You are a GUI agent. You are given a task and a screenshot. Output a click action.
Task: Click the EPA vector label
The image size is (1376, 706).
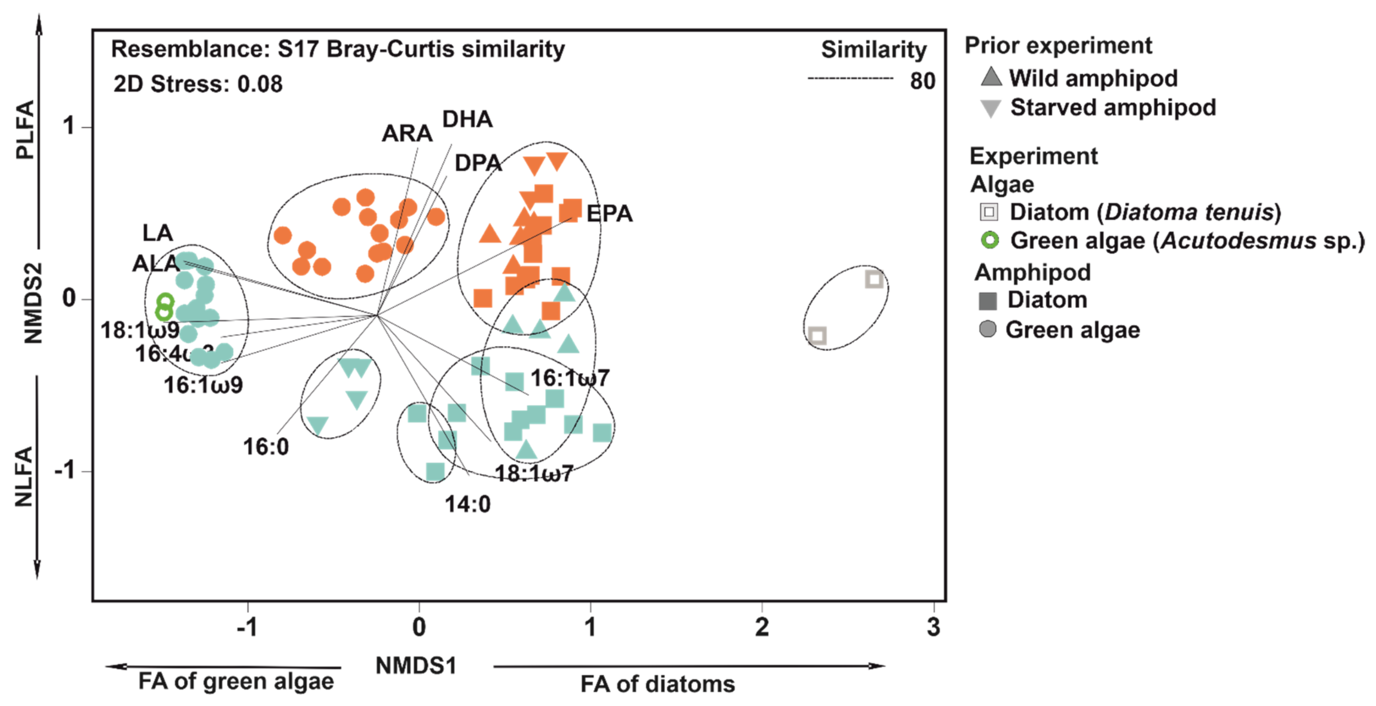pyautogui.click(x=609, y=214)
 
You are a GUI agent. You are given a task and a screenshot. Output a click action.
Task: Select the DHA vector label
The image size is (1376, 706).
pyautogui.click(x=467, y=119)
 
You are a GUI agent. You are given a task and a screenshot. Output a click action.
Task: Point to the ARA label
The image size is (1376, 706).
pyautogui.click(x=407, y=134)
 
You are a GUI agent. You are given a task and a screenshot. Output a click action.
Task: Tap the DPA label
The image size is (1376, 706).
pyautogui.click(x=478, y=163)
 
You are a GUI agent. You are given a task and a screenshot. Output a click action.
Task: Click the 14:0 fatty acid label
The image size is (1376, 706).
pyautogui.click(x=467, y=504)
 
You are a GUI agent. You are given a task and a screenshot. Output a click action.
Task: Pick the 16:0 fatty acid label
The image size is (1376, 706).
pyautogui.click(x=266, y=447)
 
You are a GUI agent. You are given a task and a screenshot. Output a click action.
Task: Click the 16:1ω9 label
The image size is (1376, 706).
pyautogui.click(x=203, y=385)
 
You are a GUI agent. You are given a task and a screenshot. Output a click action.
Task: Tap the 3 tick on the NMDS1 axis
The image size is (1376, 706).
pyautogui.click(x=933, y=627)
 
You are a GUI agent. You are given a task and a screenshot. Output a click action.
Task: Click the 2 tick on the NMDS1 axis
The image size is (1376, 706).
pyautogui.click(x=762, y=627)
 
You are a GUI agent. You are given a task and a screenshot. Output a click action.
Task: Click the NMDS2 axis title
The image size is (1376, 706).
pyautogui.click(x=33, y=303)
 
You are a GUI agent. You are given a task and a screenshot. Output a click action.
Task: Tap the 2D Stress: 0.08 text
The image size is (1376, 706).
pyautogui.click(x=198, y=84)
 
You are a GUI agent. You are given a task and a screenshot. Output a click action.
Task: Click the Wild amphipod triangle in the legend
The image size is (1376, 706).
pyautogui.click(x=991, y=77)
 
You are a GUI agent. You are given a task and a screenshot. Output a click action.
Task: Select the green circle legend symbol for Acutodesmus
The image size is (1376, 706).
pyautogui.click(x=989, y=240)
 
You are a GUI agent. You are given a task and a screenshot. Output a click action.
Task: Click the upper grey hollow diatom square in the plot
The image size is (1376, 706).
pyautogui.click(x=874, y=279)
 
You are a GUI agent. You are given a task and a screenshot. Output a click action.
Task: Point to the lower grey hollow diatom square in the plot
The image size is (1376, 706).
pyautogui.click(x=817, y=336)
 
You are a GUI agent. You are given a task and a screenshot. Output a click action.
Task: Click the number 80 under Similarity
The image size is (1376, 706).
pyautogui.click(x=922, y=81)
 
